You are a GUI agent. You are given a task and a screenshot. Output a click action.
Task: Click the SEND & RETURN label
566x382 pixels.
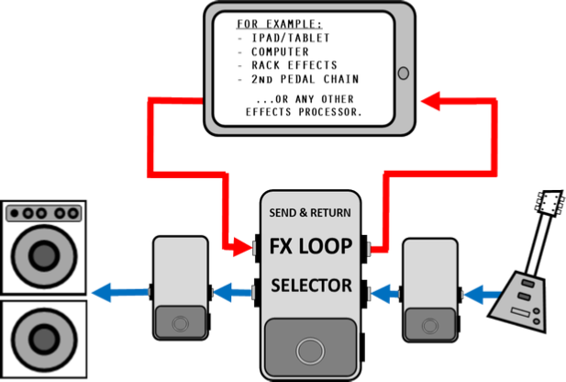(x=310, y=213)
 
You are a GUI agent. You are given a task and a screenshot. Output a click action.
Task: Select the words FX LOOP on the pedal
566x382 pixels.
(x=310, y=246)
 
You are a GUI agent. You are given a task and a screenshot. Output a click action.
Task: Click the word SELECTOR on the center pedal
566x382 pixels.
(x=311, y=286)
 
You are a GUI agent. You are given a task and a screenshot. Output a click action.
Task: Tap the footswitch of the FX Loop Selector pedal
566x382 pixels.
(x=310, y=351)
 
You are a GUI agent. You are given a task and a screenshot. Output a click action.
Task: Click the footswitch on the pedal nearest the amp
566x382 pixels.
(x=179, y=324)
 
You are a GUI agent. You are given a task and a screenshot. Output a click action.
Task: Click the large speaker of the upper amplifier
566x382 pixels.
(x=43, y=254)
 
